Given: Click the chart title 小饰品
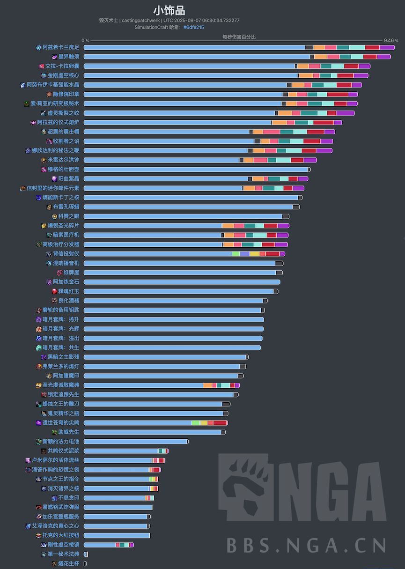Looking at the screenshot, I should (x=169, y=11).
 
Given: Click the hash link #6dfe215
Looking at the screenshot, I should (x=193, y=28).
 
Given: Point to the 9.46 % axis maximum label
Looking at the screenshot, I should (x=390, y=41).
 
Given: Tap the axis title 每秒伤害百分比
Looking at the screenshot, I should (x=239, y=37).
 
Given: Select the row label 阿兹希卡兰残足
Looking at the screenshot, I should (x=61, y=47).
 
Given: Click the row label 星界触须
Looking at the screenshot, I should (x=68, y=57).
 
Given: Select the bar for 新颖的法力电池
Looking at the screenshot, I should (x=136, y=442).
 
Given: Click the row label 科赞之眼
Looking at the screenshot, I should (x=68, y=216).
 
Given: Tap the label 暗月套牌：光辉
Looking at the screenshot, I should (x=61, y=329).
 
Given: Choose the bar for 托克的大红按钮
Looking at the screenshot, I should (x=117, y=535).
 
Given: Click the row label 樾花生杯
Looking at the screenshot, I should (x=68, y=564).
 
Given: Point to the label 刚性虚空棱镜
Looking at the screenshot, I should (x=63, y=545).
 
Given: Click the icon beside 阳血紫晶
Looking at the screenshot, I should (x=54, y=179).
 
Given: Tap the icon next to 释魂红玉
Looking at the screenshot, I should (x=54, y=291).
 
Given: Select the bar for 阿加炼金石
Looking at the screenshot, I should (x=182, y=282).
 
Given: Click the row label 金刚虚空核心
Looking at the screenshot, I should (x=63, y=75).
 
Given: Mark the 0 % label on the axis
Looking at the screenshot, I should (x=85, y=41).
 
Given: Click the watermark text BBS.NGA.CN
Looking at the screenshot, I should (x=307, y=545).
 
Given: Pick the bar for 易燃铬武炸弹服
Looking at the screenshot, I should (x=118, y=507).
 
